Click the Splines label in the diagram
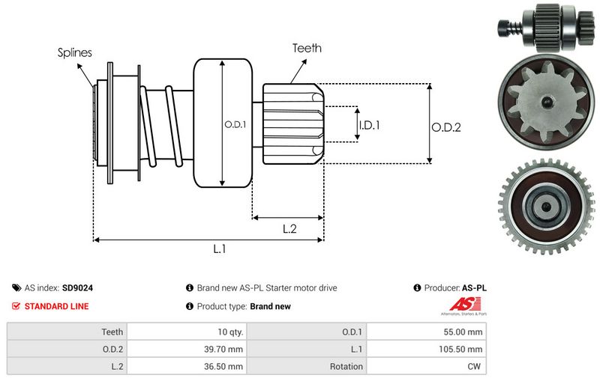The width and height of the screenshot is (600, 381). point(75,53)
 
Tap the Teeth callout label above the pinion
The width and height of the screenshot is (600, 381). point(307,48)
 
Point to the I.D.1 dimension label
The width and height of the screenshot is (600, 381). point(369,125)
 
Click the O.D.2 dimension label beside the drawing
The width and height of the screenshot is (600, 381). point(445,127)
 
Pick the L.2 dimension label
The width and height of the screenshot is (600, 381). point(290,230)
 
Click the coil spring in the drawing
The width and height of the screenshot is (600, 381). point(160,124)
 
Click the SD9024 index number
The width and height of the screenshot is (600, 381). point(78,287)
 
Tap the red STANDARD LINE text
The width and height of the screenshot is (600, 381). point(56,306)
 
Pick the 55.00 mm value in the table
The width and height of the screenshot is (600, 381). point(465,332)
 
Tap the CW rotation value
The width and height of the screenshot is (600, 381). point(475,367)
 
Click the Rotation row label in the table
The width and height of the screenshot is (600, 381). point(345,367)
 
